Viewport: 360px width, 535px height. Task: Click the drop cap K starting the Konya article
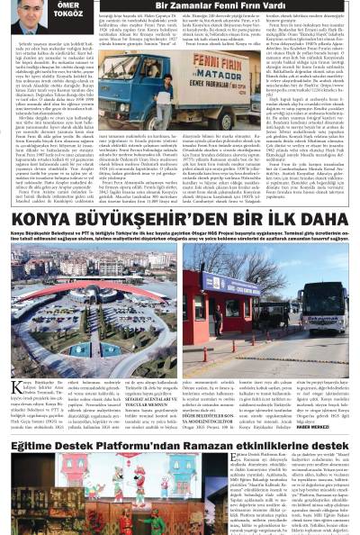[16, 363]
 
